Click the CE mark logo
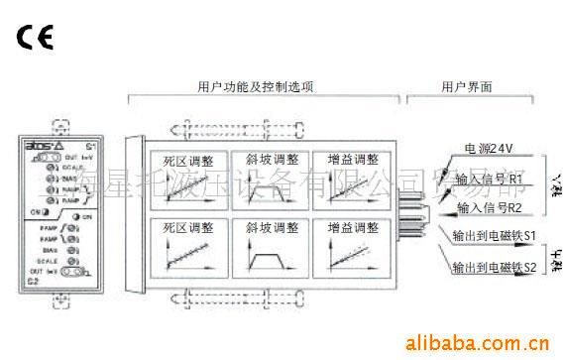click(35, 39)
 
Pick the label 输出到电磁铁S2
click(495, 268)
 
